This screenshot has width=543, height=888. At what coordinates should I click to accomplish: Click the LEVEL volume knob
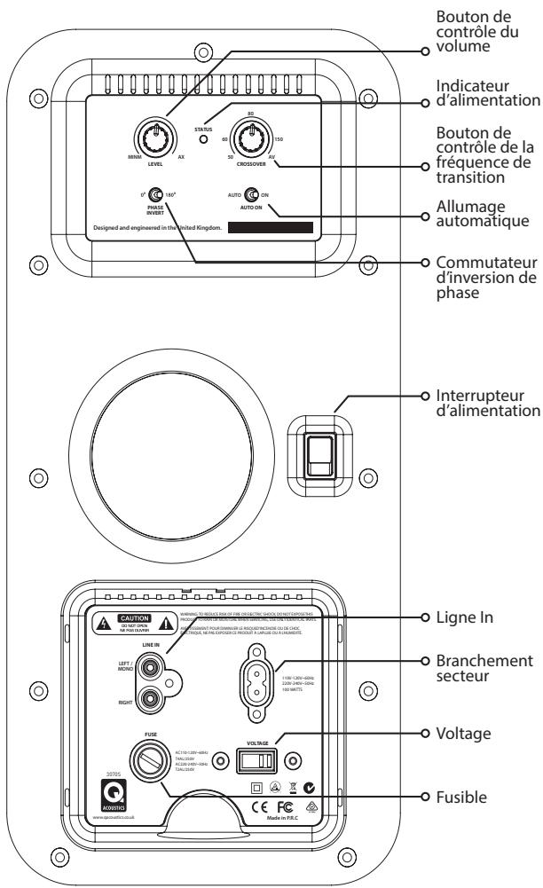[158, 137]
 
